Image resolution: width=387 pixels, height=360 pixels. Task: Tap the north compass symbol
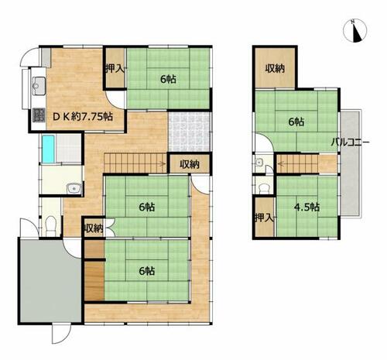click(x=355, y=32)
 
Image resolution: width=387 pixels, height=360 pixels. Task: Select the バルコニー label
click(x=350, y=142)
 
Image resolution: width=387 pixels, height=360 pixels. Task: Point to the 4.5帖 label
click(x=307, y=207)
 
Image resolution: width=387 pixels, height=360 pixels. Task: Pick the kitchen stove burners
click(x=37, y=118)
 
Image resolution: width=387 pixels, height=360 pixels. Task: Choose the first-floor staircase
click(x=136, y=163)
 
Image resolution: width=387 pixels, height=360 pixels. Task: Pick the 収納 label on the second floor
click(x=276, y=67)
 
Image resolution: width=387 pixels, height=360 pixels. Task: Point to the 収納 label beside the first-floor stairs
click(x=190, y=164)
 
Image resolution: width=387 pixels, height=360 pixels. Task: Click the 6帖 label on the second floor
click(x=296, y=122)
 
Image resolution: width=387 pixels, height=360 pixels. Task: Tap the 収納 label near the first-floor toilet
click(x=94, y=228)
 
